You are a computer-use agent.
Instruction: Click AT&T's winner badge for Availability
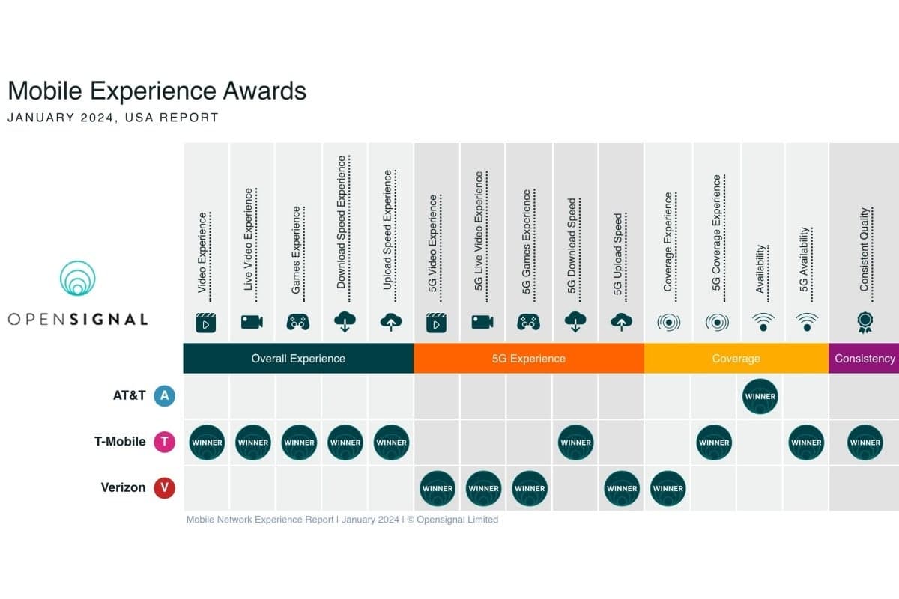coord(760,396)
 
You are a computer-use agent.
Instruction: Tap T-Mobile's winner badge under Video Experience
coord(207,443)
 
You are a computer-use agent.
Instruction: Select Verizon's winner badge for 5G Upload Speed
coord(622,488)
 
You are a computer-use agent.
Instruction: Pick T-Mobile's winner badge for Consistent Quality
coord(865,443)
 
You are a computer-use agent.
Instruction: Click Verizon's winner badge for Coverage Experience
coord(668,488)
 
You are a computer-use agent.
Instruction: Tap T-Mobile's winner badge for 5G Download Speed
coord(575,443)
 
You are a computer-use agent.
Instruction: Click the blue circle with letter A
coord(164,396)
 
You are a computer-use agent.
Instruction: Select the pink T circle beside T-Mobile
coord(164,443)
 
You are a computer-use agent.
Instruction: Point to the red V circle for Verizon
coord(164,488)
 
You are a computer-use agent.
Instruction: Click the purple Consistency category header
coord(864,358)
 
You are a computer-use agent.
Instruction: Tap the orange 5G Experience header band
coord(529,358)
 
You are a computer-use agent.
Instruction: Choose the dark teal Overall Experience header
coord(298,358)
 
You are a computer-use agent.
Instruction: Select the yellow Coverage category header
coord(736,358)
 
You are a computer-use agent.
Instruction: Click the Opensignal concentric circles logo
coord(78,280)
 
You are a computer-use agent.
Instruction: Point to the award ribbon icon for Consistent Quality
coord(864,322)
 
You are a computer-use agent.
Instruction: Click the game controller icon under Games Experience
coord(298,322)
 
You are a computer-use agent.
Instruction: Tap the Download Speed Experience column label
coord(342,222)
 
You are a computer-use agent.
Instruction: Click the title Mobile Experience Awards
coord(157,91)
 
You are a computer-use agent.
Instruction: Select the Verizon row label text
coord(123,488)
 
